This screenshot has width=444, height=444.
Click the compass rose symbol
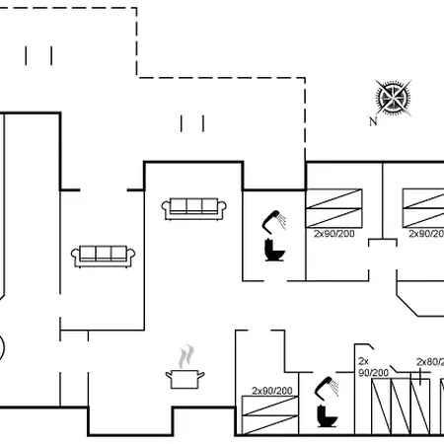[x=394, y=98]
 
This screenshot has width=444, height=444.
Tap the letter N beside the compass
[x=373, y=121]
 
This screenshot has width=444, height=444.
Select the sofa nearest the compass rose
[x=194, y=209]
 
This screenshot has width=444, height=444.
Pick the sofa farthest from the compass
[x=103, y=257]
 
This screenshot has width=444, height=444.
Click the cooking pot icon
[x=185, y=379]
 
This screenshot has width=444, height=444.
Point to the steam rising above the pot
[x=186, y=356]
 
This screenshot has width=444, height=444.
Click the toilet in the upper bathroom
[x=274, y=251]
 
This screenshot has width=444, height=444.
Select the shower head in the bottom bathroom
[x=327, y=388]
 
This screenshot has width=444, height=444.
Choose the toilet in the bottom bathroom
[x=328, y=416]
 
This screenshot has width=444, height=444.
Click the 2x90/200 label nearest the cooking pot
[x=272, y=391]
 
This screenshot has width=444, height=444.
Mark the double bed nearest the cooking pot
[x=270, y=415]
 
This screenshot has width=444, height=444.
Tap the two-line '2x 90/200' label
[x=373, y=367]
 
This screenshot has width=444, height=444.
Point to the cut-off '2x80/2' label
[x=430, y=362]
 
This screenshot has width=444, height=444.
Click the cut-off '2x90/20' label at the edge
[x=426, y=234]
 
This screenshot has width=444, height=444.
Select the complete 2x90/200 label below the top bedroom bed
[x=334, y=234]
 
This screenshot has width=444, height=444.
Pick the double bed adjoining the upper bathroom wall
[x=334, y=208]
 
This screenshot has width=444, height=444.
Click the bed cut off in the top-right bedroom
[x=423, y=208]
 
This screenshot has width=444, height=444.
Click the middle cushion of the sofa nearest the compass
[x=194, y=206]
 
